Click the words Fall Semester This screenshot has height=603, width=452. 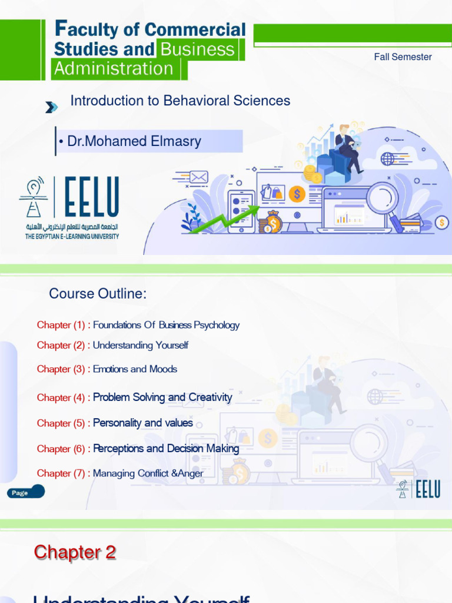pyautogui.click(x=403, y=57)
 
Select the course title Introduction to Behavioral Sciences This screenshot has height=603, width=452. pyautogui.click(x=180, y=101)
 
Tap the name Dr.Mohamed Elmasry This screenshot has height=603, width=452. pyautogui.click(x=134, y=141)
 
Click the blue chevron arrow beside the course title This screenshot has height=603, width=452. pyautogui.click(x=52, y=107)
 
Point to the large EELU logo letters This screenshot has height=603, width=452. pyautogui.click(x=91, y=197)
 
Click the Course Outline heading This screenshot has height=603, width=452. pyautogui.click(x=98, y=294)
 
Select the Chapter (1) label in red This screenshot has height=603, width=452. pyautogui.click(x=61, y=325)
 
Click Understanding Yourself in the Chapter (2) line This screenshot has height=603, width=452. pyautogui.click(x=141, y=345)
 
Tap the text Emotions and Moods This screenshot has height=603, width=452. pyautogui.click(x=135, y=369)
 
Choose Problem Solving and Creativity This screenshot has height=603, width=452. pyautogui.click(x=162, y=397)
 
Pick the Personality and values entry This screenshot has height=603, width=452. pyautogui.click(x=143, y=423)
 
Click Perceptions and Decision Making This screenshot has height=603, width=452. pyautogui.click(x=166, y=449)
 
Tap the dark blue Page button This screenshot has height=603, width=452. pyautogui.click(x=26, y=492)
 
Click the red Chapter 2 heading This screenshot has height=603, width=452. pyautogui.click(x=75, y=552)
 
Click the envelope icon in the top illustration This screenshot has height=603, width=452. pyautogui.click(x=199, y=177)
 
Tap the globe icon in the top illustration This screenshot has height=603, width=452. pyautogui.click(x=387, y=158)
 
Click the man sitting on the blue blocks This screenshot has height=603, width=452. pyautogui.click(x=347, y=147)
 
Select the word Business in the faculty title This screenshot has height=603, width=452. pyautogui.click(x=198, y=49)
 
